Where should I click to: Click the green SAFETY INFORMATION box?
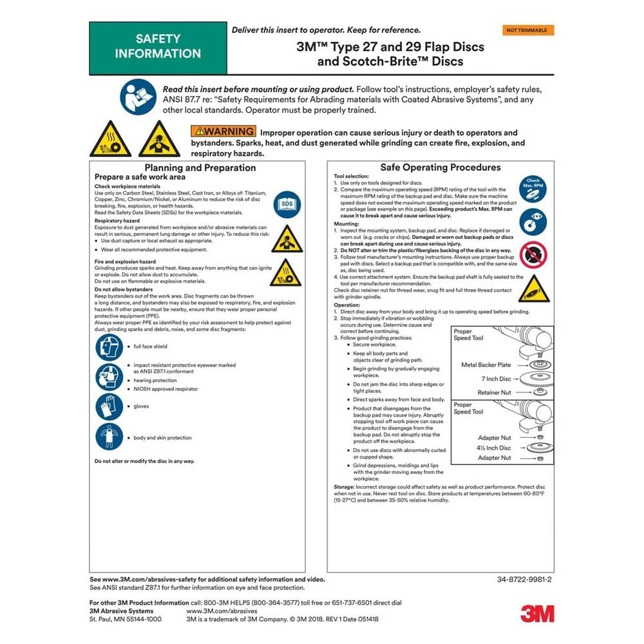(158, 47)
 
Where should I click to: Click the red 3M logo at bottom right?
(536, 613)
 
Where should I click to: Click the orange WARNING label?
(221, 133)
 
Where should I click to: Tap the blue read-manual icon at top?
(137, 97)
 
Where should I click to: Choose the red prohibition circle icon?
(533, 254)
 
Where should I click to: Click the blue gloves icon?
(109, 406)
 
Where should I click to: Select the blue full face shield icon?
(109, 347)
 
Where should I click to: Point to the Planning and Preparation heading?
(200, 168)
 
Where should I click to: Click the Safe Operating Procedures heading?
(440, 167)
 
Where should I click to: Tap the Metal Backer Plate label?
(486, 365)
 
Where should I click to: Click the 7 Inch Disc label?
(496, 379)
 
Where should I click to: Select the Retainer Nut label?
(494, 392)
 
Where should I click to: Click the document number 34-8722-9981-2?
(525, 579)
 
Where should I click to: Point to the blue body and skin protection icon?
(109, 437)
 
